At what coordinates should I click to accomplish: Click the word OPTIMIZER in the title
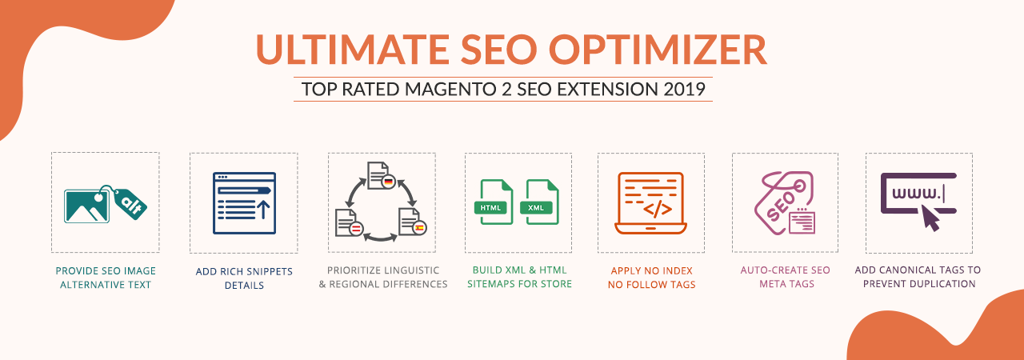[x=658, y=50]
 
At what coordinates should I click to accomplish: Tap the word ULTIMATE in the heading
[x=354, y=50]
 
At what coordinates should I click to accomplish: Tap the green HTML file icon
[x=494, y=202]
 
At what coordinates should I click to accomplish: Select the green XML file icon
[x=539, y=202]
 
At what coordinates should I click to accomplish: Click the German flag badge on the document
[x=389, y=182]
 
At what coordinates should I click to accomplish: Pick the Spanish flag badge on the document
[x=419, y=227]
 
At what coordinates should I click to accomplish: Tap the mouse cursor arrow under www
[x=930, y=218]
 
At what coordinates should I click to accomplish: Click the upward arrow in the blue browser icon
[x=263, y=210]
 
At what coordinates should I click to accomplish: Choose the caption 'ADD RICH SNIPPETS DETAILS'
[x=244, y=278]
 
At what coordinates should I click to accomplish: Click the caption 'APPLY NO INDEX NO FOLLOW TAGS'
[x=651, y=278]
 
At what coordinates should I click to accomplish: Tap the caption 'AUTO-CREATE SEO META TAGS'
[x=786, y=277]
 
